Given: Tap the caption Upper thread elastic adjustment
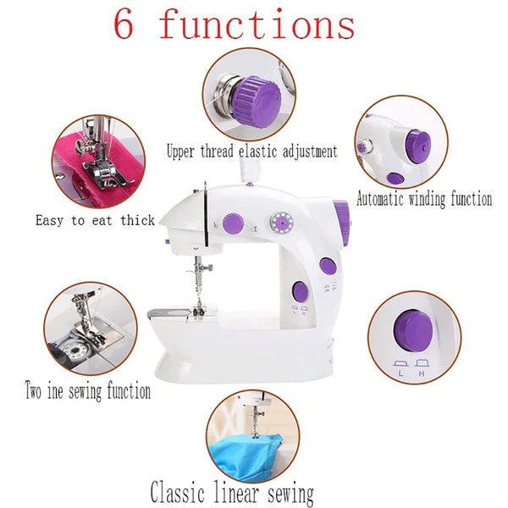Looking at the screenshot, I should click(x=252, y=152).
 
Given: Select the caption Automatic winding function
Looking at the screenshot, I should click(x=424, y=200).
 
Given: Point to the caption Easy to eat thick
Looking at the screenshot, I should click(x=95, y=220).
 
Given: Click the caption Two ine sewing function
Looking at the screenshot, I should click(x=88, y=392).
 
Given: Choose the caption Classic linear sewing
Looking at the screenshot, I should click(x=232, y=491).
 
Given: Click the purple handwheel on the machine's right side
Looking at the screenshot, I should click(x=342, y=223).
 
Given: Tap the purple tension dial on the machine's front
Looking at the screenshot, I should click(x=231, y=224).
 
